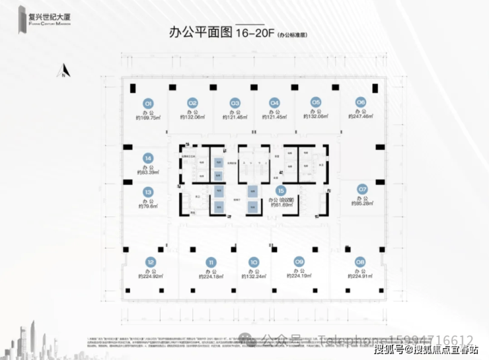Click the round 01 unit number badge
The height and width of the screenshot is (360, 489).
pyautogui.click(x=149, y=103)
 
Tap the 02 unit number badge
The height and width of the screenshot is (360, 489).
pyautogui.click(x=192, y=103)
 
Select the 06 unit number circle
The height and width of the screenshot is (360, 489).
pyautogui.click(x=360, y=102)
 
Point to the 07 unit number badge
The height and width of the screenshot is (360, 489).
pyautogui.click(x=361, y=190)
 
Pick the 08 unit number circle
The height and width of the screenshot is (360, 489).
pyautogui.click(x=359, y=261)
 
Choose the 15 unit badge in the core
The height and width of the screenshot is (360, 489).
pyautogui.click(x=281, y=190)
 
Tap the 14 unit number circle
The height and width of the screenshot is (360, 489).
pyautogui.click(x=148, y=159)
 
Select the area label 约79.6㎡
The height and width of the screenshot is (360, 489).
pyautogui.click(x=148, y=206)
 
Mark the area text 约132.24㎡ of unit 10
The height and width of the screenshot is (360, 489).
pyautogui.click(x=253, y=277)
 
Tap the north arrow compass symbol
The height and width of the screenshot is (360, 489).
pyautogui.click(x=63, y=69)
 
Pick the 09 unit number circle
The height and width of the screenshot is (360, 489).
pyautogui.click(x=299, y=261)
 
